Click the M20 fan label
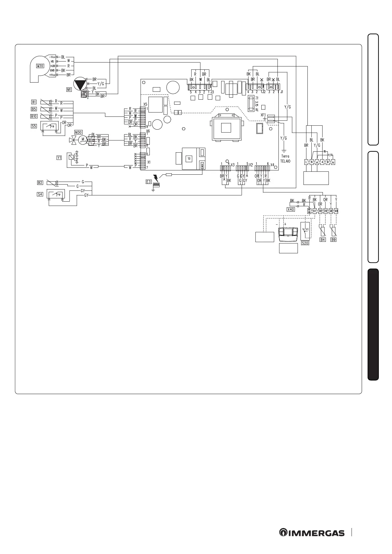40,66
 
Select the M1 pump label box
69,89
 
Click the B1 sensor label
34,102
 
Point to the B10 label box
34,116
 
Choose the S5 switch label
34,126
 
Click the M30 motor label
78,132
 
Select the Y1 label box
59,158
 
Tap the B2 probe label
40,182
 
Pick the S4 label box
40,194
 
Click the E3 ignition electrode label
149,181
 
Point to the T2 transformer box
189,159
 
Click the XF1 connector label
263,115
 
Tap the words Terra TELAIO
285,159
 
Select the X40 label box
291,209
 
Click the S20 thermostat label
305,243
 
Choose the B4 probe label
323,240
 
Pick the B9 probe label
333,240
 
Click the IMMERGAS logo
312,533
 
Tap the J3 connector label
212,92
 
